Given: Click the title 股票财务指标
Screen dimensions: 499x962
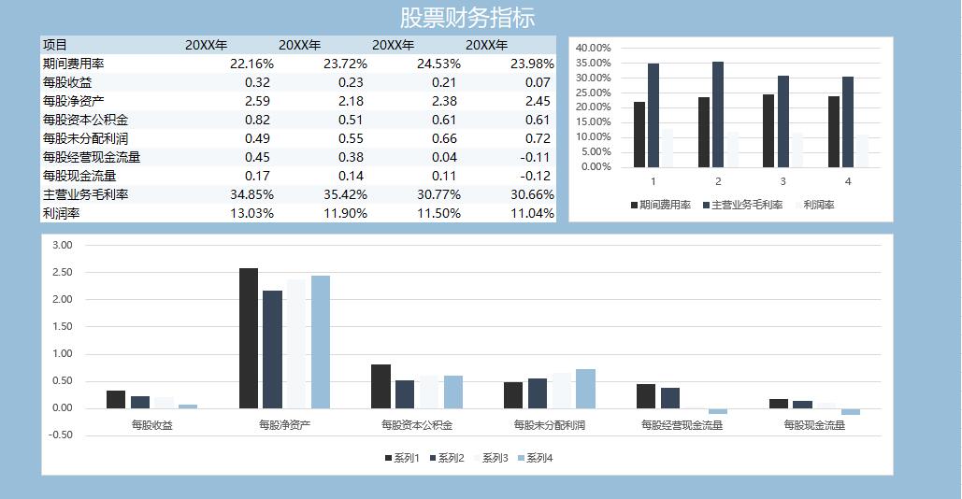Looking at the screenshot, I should pos(467,18).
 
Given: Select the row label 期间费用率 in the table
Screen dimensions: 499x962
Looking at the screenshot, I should pos(73,64).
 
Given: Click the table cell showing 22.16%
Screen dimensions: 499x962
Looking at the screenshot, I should pos(251,64).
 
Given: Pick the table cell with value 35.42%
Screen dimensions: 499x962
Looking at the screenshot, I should pos(345,194).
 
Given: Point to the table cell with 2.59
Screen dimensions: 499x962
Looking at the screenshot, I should pos(257,101).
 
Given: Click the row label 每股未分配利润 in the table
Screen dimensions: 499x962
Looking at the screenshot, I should pos(85,138).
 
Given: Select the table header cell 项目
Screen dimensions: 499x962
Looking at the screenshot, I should pos(55,45).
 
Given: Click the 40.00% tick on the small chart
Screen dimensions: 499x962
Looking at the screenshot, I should pos(593,48).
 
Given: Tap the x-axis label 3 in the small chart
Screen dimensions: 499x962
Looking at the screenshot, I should pos(783,181).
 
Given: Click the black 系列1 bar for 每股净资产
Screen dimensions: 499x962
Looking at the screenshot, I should pos(248,338).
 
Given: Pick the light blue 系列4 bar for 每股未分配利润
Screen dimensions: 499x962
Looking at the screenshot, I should pos(585,389).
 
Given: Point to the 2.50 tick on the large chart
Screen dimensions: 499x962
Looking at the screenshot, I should pos(62,272).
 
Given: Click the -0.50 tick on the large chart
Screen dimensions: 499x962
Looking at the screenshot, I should pos(62,435).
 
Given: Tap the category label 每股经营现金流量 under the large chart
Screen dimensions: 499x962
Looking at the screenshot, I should pos(682,425).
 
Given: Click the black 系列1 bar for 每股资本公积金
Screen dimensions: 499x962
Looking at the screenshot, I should pos(380,386).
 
